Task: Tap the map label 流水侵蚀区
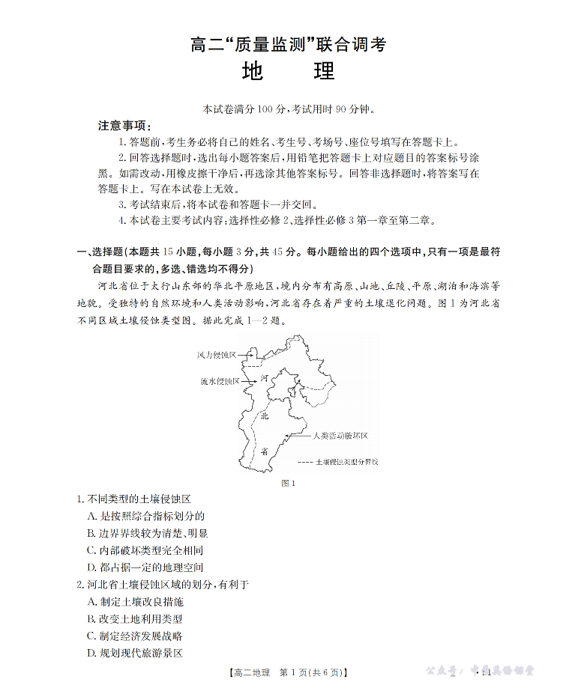click(220, 381)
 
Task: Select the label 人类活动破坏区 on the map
click(342, 435)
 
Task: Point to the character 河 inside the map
click(264, 379)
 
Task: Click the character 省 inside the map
click(264, 451)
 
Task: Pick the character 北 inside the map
click(264, 416)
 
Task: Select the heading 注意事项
click(124, 125)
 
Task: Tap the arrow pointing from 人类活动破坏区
click(301, 435)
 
